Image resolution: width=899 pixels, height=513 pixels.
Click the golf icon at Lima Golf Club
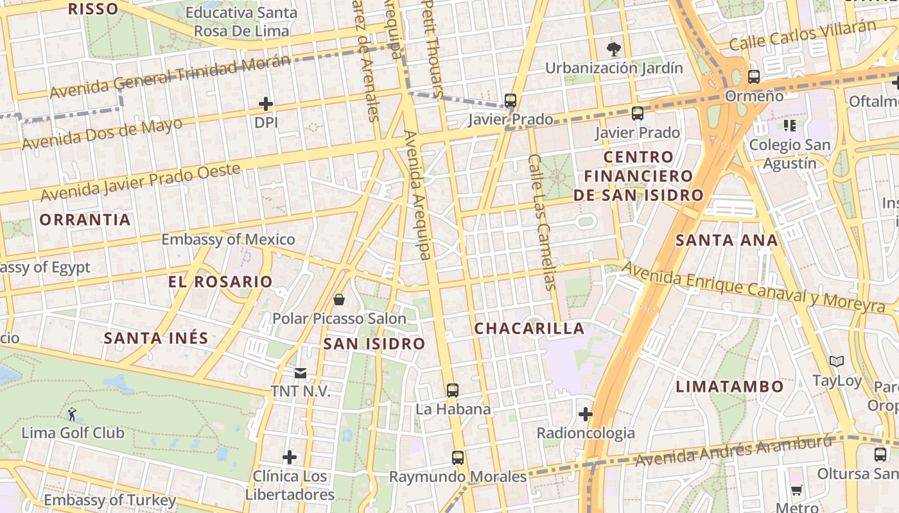click(x=72, y=414)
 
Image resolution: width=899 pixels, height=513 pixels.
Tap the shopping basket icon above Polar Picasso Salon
click(x=339, y=299)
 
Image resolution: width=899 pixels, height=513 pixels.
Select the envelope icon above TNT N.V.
click(x=300, y=373)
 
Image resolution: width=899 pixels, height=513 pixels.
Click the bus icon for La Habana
click(x=453, y=390)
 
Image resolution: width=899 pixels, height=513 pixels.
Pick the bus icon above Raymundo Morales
click(x=457, y=458)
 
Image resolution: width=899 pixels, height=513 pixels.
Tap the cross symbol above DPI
click(x=266, y=103)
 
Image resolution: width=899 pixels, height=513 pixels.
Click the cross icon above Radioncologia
click(x=585, y=414)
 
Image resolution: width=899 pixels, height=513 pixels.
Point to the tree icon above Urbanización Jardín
click(x=614, y=49)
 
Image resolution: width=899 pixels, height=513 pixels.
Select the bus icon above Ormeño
click(x=753, y=77)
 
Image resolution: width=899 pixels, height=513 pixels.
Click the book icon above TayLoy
click(x=837, y=362)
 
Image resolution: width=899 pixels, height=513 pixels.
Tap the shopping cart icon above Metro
click(x=797, y=491)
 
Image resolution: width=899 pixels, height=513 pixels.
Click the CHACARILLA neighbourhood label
click(x=529, y=328)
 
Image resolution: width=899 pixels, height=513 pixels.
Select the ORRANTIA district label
click(x=85, y=220)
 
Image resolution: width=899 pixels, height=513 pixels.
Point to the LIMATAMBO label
click(x=730, y=387)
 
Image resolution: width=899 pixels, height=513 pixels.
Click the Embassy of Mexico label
click(x=228, y=240)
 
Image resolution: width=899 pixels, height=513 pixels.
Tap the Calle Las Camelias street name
click(x=541, y=222)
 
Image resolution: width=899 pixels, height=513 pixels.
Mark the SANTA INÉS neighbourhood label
click(x=156, y=338)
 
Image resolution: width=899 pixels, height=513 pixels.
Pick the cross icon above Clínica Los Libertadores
click(x=290, y=457)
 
